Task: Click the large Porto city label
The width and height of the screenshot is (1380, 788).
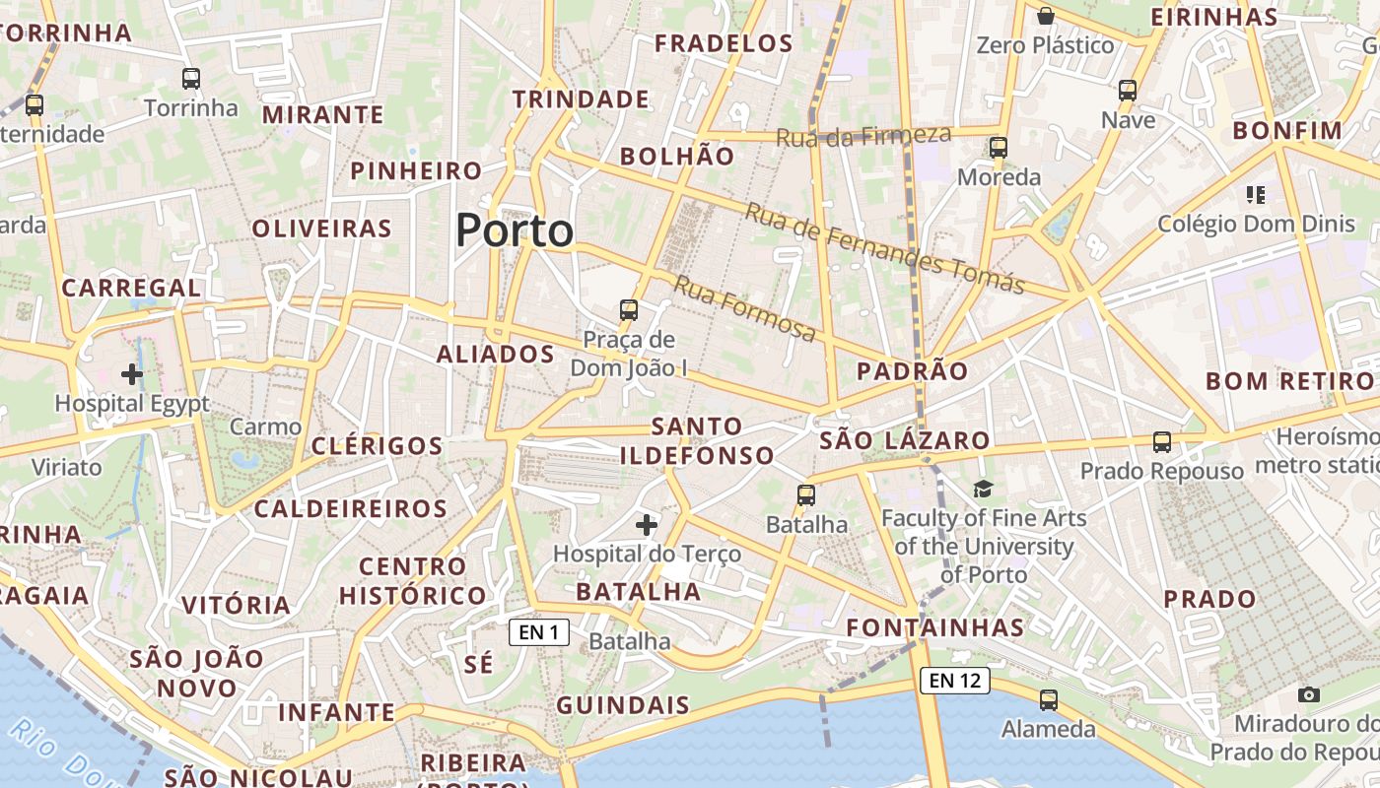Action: [514, 230]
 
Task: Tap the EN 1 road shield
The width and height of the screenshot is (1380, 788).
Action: [539, 632]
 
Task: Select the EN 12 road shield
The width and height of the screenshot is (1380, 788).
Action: [955, 680]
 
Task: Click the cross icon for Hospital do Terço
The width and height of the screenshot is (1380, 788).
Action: [647, 525]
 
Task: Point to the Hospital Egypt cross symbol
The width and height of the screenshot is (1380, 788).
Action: [131, 374]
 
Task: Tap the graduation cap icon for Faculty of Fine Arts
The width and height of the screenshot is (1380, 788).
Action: [983, 489]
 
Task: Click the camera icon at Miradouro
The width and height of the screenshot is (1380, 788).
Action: [1309, 694]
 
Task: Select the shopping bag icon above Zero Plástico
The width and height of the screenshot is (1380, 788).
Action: [1046, 16]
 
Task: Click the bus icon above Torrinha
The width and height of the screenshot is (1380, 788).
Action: [191, 79]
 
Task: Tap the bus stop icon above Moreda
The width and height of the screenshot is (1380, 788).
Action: [999, 148]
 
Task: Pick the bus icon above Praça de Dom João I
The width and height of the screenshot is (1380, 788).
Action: [629, 310]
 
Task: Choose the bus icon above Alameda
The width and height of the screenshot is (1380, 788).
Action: [1049, 700]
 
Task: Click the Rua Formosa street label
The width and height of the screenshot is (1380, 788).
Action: [745, 309]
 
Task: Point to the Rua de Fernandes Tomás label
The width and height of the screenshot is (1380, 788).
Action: [884, 247]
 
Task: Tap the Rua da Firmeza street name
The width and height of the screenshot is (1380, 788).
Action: [863, 136]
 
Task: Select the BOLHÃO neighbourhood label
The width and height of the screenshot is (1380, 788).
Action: [677, 157]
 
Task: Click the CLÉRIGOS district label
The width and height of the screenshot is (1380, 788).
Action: [378, 445]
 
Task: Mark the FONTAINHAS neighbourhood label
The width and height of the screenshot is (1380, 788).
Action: [935, 627]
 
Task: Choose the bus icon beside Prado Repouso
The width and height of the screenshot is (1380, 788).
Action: [1162, 442]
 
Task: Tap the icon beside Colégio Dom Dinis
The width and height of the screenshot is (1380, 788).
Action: [1255, 195]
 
